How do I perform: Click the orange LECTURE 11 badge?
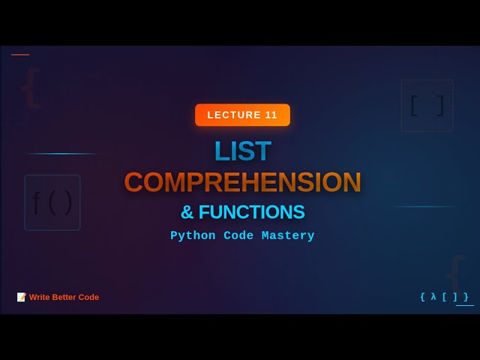[x=242, y=115]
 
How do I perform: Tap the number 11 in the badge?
[x=271, y=115]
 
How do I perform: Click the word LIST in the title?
[x=242, y=151]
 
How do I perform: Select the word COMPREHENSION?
[x=242, y=182]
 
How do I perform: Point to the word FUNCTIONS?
[x=251, y=212]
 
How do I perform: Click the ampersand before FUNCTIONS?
[x=187, y=212]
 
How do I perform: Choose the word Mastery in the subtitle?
[x=288, y=235]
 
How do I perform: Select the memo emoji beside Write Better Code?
[x=22, y=297]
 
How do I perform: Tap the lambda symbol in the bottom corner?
[x=433, y=297]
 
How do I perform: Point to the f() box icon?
[x=52, y=202]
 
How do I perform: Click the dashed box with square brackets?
[x=427, y=106]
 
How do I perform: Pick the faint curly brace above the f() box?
[x=30, y=88]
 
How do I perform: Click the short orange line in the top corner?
[x=20, y=55]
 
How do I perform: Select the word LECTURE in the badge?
[x=232, y=115]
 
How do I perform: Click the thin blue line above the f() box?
[x=61, y=154]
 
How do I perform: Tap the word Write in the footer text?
[x=40, y=297]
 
